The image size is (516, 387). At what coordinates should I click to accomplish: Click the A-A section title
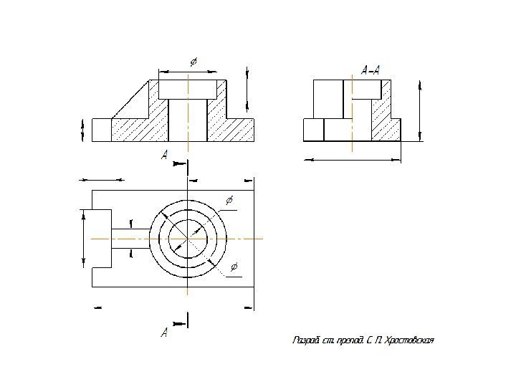coord(371,70)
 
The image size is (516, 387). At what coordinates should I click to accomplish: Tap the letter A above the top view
coord(165,155)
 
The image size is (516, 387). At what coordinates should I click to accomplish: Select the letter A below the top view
coord(164,333)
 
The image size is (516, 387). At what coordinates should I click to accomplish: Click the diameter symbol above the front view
coord(193,62)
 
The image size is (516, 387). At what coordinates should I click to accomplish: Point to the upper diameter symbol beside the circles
coord(229,199)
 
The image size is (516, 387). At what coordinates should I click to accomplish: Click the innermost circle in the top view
coord(188,238)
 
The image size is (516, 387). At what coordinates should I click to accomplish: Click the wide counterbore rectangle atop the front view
coord(187,89)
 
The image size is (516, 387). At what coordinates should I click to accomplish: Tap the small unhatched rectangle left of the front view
coord(101,130)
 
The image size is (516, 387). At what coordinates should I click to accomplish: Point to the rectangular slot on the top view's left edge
coord(102,239)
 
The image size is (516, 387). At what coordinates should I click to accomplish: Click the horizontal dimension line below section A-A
coord(352,159)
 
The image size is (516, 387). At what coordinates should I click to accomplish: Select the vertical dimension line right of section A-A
coord(419,112)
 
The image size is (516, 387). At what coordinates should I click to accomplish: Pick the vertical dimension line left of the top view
coord(85,239)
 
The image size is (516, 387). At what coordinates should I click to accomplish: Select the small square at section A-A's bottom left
coord(314,130)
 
